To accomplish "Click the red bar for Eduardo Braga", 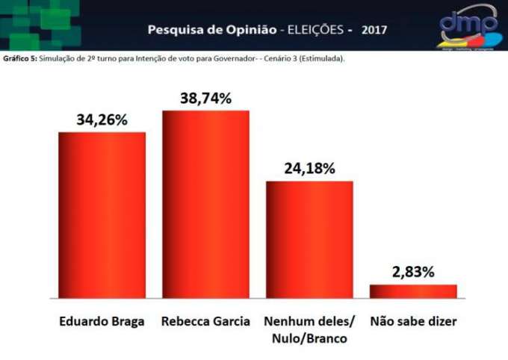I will click(x=102, y=215).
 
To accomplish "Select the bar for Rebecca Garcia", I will click(x=205, y=204).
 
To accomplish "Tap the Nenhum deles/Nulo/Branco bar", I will click(x=309, y=239).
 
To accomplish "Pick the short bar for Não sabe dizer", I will click(x=413, y=291).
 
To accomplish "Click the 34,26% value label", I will click(x=102, y=120).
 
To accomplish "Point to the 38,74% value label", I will click(x=205, y=98).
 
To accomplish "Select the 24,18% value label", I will click(x=309, y=168).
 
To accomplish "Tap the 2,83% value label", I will click(x=413, y=272).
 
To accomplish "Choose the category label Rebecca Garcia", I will click(x=205, y=322).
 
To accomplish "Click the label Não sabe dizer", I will click(x=413, y=322).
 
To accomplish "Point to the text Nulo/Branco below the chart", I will click(x=309, y=338).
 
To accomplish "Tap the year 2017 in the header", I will click(x=375, y=31).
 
